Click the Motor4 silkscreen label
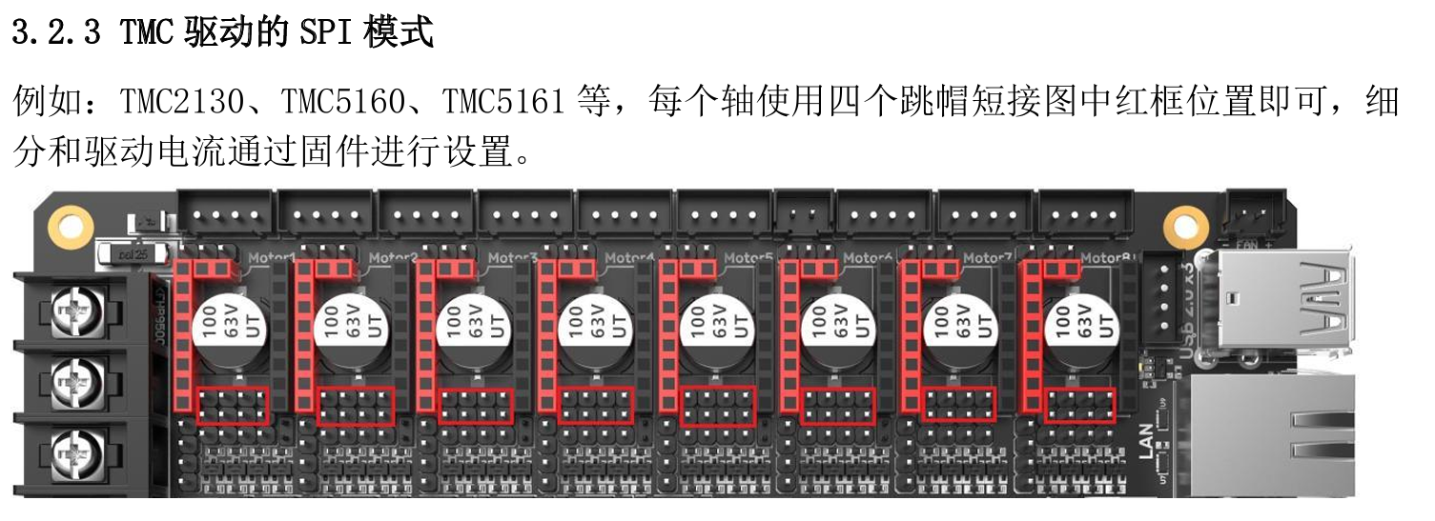pos(630,257)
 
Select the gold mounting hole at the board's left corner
pos(69,226)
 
